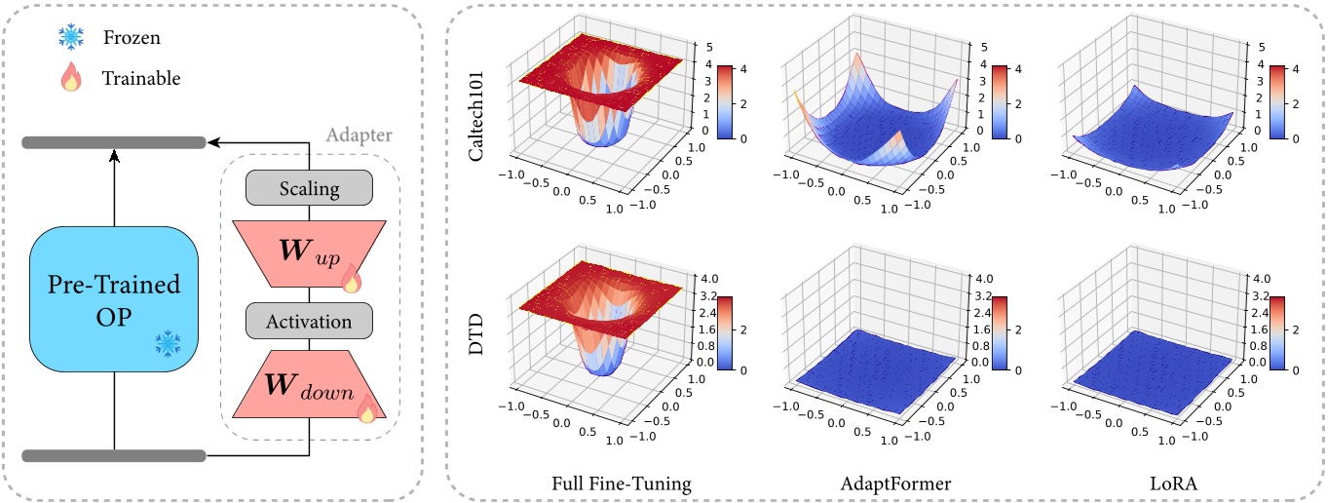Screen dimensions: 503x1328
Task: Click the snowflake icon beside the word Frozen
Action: click(x=71, y=37)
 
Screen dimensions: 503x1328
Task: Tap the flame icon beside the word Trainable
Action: click(x=71, y=77)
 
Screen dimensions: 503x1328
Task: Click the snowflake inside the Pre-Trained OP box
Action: click(x=168, y=342)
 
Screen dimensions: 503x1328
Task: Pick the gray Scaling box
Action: click(x=309, y=189)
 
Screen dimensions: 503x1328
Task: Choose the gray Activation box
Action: click(x=309, y=321)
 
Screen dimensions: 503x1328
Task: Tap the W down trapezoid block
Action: click(x=309, y=386)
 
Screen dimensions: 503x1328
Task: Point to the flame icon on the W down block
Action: click(x=367, y=409)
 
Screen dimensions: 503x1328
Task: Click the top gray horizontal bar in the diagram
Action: click(x=114, y=143)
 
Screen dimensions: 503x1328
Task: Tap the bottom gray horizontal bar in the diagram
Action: click(x=114, y=455)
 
